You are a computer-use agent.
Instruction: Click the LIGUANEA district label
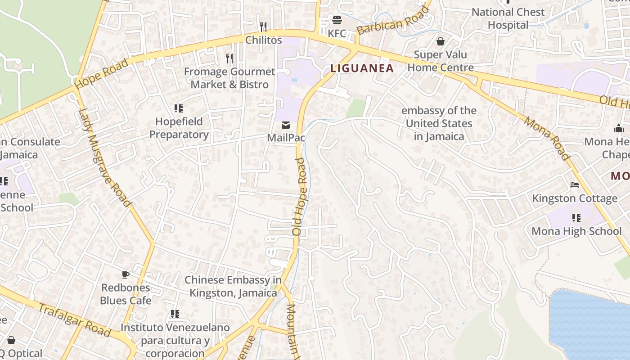362,68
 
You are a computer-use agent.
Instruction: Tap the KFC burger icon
337,20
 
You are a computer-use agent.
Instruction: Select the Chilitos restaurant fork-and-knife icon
263,27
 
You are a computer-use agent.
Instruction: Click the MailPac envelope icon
286,125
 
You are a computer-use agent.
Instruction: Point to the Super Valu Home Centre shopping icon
441,41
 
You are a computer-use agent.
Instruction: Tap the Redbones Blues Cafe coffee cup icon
126,274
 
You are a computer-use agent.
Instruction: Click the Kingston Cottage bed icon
575,185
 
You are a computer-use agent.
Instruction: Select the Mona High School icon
576,218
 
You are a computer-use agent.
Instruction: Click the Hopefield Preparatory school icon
179,108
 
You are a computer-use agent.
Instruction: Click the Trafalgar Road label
74,320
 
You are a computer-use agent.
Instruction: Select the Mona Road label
547,138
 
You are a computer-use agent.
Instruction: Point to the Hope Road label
102,73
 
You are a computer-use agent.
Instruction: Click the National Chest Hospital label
508,18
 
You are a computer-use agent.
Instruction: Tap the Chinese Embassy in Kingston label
233,286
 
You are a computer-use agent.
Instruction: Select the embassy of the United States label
439,123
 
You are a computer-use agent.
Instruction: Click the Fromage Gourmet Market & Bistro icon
229,58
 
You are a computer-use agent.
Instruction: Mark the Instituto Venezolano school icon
175,314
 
